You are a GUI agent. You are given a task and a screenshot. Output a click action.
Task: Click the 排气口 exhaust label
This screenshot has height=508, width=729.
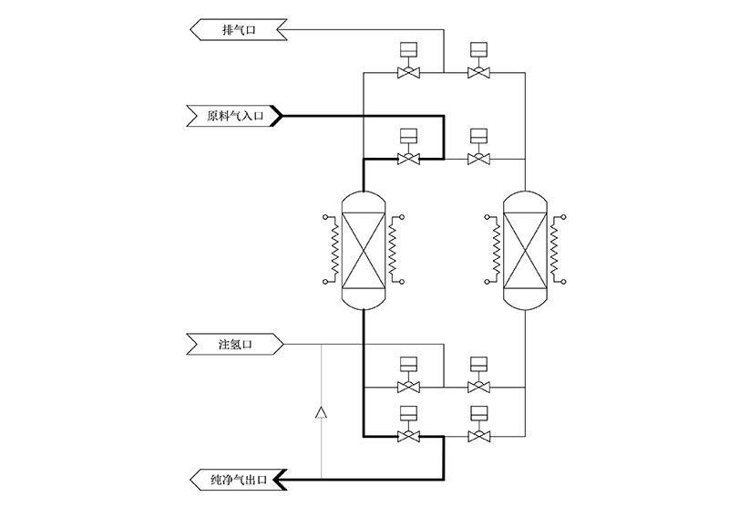click(239, 30)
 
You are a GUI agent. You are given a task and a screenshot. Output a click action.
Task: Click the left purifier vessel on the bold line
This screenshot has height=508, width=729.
click(364, 252)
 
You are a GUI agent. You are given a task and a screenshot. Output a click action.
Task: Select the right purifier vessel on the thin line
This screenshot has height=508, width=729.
click(528, 252)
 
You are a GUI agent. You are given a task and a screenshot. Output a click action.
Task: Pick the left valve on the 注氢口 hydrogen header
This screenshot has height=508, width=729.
click(409, 387)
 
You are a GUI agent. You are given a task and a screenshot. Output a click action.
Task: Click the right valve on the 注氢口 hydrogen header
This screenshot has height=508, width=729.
click(477, 387)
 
